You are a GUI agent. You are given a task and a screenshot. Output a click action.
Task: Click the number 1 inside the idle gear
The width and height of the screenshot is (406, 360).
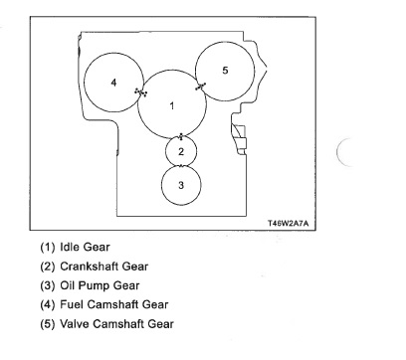coord(171,105)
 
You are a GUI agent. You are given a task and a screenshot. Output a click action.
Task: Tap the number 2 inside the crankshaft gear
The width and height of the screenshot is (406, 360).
coord(181,151)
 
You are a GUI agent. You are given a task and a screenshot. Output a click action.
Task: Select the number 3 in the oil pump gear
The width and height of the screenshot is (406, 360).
coord(181,185)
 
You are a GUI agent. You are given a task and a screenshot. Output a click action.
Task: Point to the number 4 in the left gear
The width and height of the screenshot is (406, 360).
coord(113,83)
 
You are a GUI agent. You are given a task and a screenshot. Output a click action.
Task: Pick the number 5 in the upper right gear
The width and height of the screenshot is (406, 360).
coord(225,71)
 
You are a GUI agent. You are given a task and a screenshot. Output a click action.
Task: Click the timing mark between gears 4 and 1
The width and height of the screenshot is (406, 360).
coord(141,92)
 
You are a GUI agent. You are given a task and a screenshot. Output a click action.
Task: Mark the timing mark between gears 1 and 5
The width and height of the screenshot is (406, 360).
coord(200,87)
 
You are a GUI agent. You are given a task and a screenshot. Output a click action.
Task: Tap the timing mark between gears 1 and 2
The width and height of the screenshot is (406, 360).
coord(181,136)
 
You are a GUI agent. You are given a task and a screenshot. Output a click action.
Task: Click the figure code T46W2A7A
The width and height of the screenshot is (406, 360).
coord(288,223)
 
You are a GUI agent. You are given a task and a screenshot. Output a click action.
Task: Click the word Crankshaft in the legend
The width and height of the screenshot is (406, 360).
coord(90,267)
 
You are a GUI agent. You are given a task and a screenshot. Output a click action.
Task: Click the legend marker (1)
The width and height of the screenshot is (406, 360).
coord(47,248)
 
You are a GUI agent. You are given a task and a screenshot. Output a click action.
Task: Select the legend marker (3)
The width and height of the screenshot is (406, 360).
coord(47,285)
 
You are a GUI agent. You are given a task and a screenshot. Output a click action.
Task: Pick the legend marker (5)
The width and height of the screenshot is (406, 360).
coord(47,324)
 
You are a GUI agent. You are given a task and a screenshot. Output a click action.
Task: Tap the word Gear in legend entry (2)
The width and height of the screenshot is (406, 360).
coord(135,267)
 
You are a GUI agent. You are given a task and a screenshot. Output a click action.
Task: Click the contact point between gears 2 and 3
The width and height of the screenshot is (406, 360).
coord(181,166)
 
